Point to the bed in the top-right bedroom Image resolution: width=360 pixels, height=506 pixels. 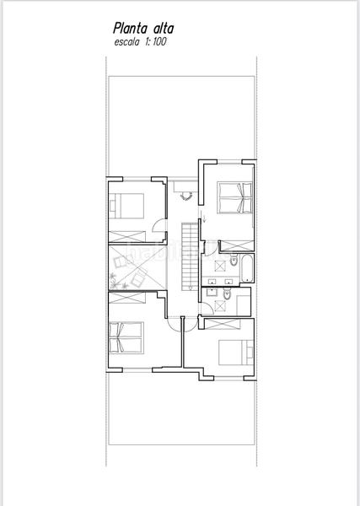point(235,199)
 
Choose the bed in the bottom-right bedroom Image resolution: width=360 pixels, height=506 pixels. point(233,353)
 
